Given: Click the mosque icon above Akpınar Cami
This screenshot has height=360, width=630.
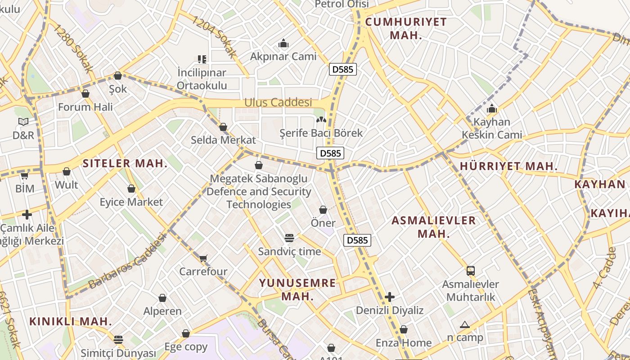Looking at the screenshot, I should (283, 44).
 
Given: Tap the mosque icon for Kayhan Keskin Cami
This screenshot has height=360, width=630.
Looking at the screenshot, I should (492, 109).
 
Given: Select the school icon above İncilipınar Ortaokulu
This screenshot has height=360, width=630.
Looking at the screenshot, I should (202, 59).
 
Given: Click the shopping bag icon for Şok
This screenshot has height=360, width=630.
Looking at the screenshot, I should (118, 76).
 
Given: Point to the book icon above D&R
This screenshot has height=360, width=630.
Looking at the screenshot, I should (23, 121).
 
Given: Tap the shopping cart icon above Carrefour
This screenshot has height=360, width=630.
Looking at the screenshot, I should (203, 258).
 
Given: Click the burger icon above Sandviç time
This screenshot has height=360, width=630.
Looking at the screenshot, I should (289, 238).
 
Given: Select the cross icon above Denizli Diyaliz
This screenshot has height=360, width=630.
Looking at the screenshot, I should (390, 297).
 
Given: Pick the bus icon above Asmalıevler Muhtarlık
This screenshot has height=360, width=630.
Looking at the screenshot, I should (470, 271).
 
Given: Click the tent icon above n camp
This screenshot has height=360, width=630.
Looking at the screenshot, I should (465, 324).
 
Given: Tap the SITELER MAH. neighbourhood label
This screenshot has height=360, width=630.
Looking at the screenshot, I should (125, 163).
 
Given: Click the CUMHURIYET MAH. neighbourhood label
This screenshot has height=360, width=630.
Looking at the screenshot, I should (406, 28).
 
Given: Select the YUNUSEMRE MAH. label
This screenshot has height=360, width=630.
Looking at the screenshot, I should (297, 290).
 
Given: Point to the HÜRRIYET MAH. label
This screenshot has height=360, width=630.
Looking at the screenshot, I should (508, 166).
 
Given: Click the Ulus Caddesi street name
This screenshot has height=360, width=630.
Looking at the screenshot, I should (278, 103).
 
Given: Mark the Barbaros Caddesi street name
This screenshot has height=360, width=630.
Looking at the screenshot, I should (127, 261).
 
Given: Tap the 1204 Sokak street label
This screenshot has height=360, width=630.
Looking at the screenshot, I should (214, 37).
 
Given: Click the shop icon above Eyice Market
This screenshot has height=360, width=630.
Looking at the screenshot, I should (131, 189).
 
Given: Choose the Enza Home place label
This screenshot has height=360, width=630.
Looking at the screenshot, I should (404, 343).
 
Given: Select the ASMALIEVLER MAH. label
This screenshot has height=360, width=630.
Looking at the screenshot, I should (433, 227).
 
